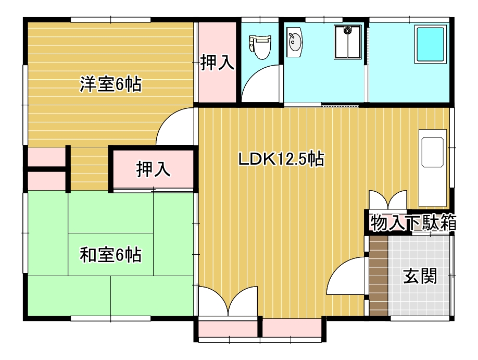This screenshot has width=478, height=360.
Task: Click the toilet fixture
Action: (x=260, y=47)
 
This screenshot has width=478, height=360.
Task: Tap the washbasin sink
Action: (x=295, y=42)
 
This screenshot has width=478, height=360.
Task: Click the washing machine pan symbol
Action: (x=347, y=42)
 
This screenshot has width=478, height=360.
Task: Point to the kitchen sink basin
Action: (x=432, y=152)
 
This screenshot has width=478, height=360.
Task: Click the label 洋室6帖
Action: (x=111, y=84)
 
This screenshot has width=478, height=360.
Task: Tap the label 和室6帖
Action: (x=111, y=255)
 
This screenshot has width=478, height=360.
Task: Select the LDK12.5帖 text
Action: (x=281, y=159)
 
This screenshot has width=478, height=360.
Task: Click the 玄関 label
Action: (x=420, y=276)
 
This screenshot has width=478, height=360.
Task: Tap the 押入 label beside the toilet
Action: (x=217, y=62)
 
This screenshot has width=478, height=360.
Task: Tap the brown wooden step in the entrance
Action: (x=379, y=276)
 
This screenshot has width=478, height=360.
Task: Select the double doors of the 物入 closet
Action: (x=388, y=200)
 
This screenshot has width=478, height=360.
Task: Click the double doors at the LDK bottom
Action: (x=228, y=301)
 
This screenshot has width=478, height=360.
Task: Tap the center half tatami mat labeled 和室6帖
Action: (x=111, y=254)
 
